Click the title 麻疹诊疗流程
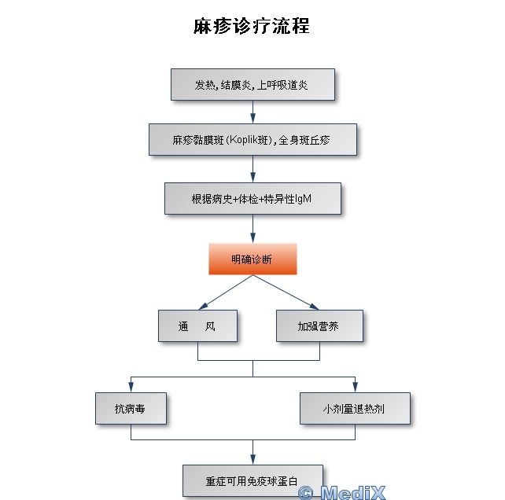252,26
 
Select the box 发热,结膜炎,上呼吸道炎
252,84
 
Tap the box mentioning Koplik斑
252,140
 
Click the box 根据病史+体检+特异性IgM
252,198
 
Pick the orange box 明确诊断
252,259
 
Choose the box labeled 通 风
197,325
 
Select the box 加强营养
319,325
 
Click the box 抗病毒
131,409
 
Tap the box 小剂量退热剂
355,409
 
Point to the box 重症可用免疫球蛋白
252,479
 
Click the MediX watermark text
341,492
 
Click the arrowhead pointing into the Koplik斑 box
252,119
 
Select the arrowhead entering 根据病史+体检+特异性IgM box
252,178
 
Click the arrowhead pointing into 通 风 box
203,306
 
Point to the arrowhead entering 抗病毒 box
131,387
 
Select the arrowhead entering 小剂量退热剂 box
355,387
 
